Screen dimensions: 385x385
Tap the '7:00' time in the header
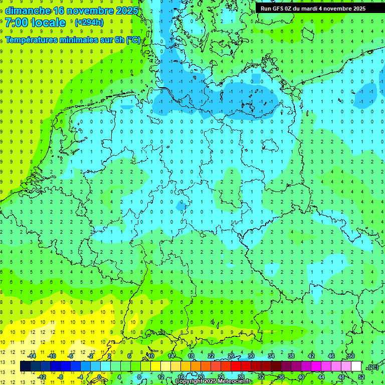17,23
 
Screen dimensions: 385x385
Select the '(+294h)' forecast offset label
89,23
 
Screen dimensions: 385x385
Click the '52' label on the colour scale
361,377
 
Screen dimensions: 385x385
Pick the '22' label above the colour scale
211,356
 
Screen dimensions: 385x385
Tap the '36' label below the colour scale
281,377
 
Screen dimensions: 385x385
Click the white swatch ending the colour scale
356,366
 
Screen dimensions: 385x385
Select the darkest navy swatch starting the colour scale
25,366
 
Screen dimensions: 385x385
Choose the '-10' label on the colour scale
51,356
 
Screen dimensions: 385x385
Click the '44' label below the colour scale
321,377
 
